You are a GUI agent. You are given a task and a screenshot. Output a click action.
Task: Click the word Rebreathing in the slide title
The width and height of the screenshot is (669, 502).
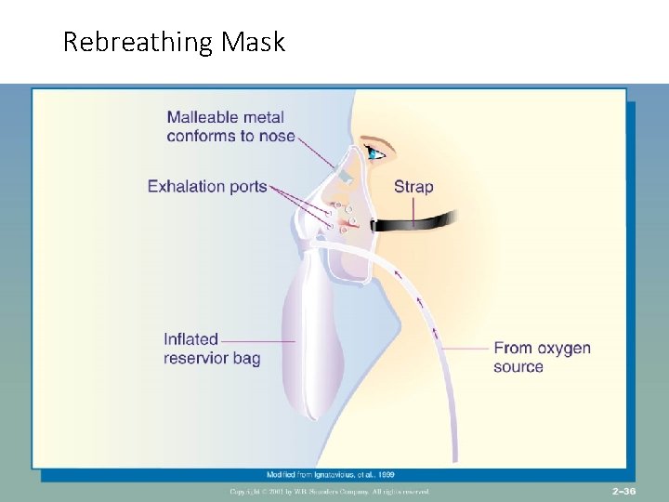pos(138,43)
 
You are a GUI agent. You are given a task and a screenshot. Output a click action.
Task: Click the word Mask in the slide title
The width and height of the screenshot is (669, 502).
pos(254,42)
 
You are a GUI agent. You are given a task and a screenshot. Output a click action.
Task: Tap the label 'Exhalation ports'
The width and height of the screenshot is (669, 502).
pos(206,186)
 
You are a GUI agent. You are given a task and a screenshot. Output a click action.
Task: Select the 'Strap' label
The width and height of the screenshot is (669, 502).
pos(413,186)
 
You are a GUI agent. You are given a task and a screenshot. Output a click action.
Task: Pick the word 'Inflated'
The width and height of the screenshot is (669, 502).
pos(190,339)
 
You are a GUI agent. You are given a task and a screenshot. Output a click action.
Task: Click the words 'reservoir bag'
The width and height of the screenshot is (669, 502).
pos(212,358)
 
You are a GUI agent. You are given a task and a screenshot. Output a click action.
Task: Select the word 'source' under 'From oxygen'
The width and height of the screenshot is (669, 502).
pos(518,366)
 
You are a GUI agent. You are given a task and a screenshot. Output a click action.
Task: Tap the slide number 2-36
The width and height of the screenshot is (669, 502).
pos(623,490)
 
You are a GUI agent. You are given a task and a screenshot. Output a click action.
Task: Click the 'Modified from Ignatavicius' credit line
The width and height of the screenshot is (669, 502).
pos(336,474)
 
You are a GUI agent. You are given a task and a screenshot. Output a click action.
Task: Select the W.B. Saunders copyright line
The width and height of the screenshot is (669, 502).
pos(330,491)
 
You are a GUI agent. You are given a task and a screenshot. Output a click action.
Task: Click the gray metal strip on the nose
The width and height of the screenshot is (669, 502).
pos(345,174)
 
